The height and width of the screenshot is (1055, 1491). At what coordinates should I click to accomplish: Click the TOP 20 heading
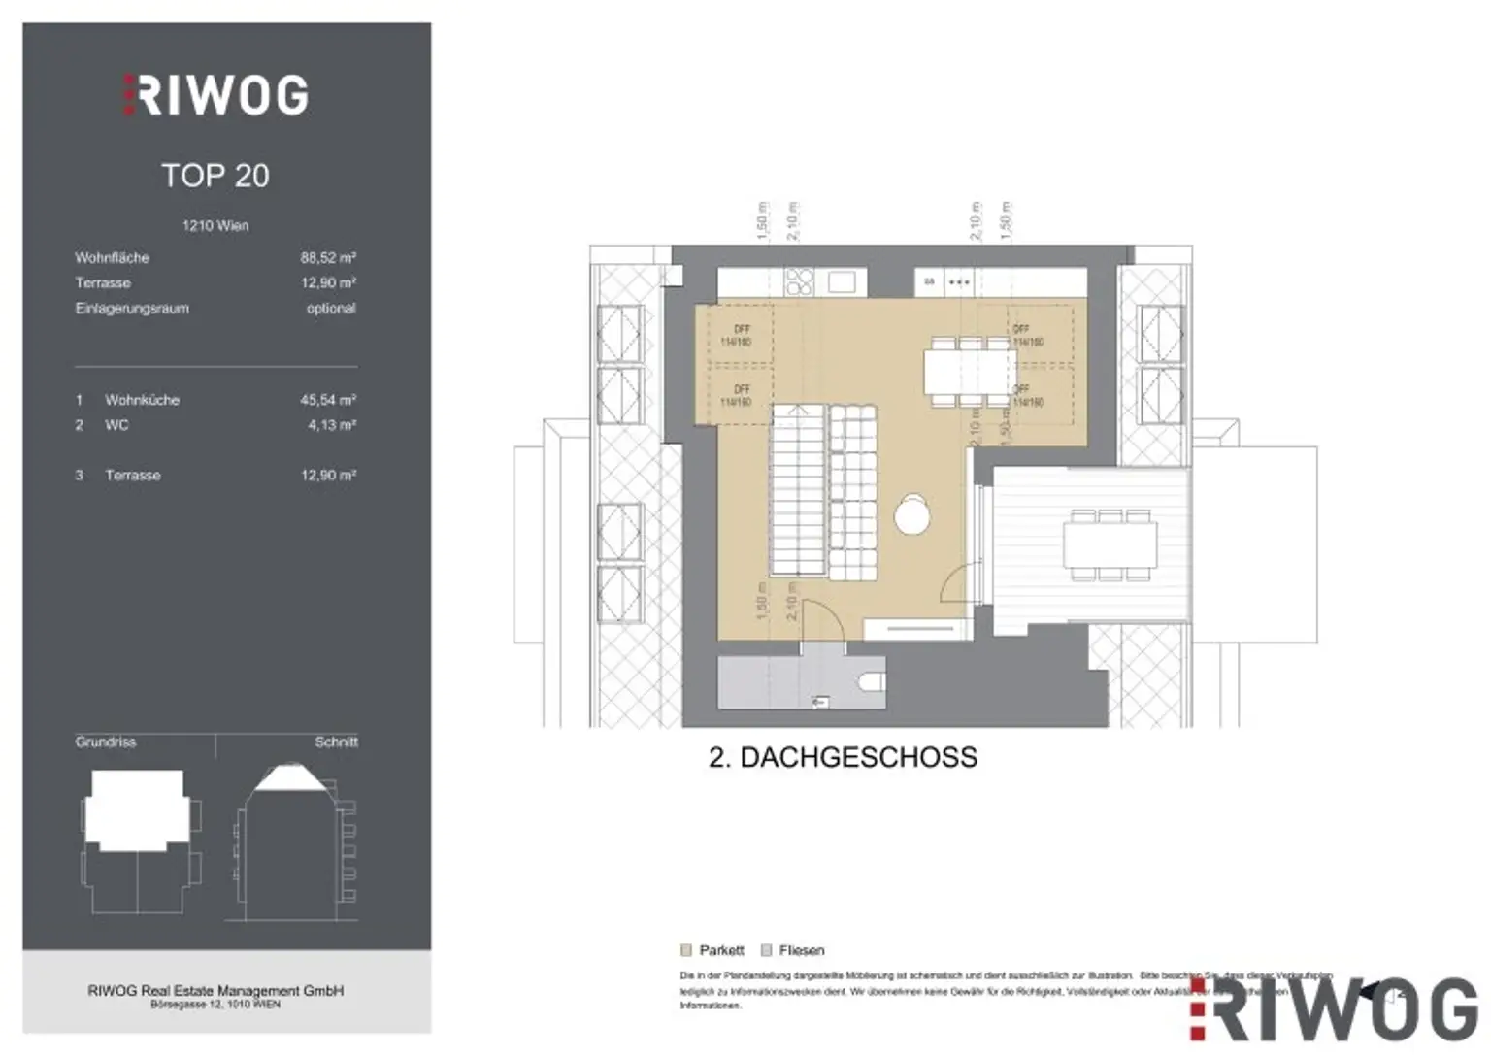click(x=215, y=176)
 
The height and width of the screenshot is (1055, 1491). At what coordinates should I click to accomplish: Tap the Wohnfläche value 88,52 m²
click(x=327, y=258)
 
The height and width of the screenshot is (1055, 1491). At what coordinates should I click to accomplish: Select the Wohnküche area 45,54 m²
click(x=327, y=400)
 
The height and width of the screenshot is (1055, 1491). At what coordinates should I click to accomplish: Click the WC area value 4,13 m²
click(x=331, y=425)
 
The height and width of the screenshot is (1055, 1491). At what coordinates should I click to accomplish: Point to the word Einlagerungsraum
click(x=132, y=309)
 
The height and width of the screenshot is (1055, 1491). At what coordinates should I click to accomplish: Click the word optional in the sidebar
click(x=331, y=309)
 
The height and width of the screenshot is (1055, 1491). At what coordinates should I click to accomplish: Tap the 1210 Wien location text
click(x=215, y=226)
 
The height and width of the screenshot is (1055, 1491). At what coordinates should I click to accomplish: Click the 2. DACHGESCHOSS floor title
click(x=843, y=757)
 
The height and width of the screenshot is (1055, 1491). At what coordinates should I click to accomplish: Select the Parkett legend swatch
click(x=687, y=950)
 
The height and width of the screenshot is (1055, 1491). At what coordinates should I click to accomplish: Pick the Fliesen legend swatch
click(x=767, y=950)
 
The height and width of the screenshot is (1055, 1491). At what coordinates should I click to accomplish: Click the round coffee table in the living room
click(x=911, y=514)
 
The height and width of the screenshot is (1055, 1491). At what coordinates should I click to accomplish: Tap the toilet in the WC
click(x=872, y=683)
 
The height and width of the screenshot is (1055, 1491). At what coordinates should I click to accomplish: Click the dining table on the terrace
click(x=1110, y=544)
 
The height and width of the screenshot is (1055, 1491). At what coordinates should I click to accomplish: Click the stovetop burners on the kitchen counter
click(x=800, y=281)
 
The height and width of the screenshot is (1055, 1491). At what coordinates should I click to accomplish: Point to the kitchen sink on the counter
click(x=841, y=281)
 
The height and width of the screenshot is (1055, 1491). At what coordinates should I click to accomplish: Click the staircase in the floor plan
click(x=799, y=491)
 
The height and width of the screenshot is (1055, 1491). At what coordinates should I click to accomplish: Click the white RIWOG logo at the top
click(x=215, y=95)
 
